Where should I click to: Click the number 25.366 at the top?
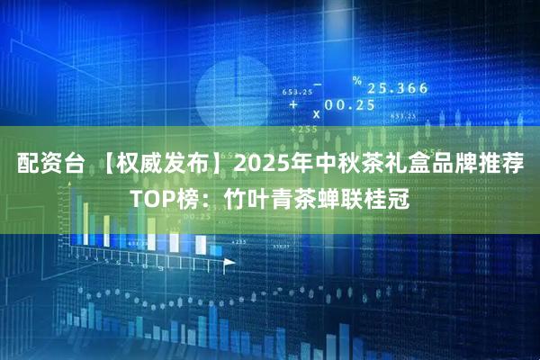[397, 88]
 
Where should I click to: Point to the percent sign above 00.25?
[356, 82]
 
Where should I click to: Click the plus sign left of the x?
[293, 105]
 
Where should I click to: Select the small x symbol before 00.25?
[316, 114]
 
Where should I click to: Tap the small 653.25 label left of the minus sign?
[296, 92]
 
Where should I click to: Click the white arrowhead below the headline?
[229, 262]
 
